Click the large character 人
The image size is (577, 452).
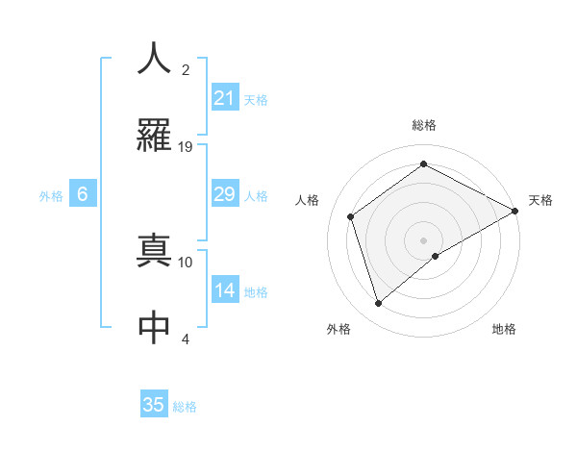[154, 59]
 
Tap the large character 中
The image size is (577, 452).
[154, 327]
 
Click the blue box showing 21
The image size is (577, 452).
[224, 98]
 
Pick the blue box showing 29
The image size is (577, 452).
[224, 194]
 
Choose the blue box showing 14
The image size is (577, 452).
[224, 290]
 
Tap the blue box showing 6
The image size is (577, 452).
[83, 194]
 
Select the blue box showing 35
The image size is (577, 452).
[154, 405]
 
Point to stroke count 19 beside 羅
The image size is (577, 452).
[187, 147]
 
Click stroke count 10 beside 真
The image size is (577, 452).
[187, 262]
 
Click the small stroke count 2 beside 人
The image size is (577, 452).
[186, 70]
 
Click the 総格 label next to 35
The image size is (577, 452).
[185, 407]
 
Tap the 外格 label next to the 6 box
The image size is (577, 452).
[51, 196]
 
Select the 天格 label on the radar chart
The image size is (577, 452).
[540, 200]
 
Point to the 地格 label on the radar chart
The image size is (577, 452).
[504, 329]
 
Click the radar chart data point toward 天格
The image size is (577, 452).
[515, 210]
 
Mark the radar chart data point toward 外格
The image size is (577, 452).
[379, 304]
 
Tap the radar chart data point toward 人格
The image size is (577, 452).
[351, 216]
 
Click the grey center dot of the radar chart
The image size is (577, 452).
[423, 239]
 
